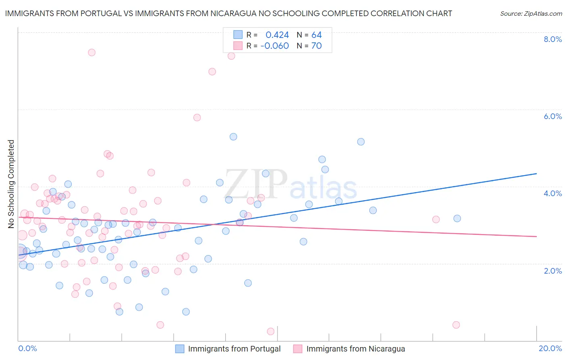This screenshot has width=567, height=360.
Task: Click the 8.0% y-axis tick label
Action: pyautogui.click(x=552, y=39)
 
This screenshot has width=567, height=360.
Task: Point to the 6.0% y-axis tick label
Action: pyautogui.click(x=552, y=116)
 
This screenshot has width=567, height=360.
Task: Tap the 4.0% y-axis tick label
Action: pyautogui.click(x=552, y=193)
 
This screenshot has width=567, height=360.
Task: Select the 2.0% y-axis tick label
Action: pyautogui.click(x=552, y=270)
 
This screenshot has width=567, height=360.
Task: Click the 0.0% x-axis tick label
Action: pyautogui.click(x=27, y=348)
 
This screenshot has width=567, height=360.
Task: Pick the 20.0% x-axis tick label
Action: pyautogui.click(x=550, y=348)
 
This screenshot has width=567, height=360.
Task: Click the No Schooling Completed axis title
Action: pyautogui.click(x=11, y=184)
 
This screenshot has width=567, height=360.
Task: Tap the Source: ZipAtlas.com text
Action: pyautogui.click(x=531, y=13)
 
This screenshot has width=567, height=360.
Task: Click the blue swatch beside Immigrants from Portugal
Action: pyautogui.click(x=179, y=349)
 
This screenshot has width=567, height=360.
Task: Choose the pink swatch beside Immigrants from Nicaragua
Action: pyautogui.click(x=298, y=349)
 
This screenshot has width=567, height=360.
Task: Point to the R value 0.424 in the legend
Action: pyautogui.click(x=277, y=35)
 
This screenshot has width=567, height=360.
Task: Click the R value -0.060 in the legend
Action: pyautogui.click(x=275, y=46)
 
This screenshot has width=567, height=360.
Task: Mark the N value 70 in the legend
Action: pyautogui.click(x=317, y=46)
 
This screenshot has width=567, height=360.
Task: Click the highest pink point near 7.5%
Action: pyautogui.click(x=92, y=52)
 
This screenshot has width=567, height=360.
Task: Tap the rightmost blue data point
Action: pyautogui.click(x=457, y=218)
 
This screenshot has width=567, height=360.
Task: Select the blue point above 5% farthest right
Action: pyautogui.click(x=361, y=142)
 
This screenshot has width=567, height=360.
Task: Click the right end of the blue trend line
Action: pyautogui.click(x=536, y=174)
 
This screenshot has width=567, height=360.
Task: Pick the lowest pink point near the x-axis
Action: pyautogui.click(x=271, y=331)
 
